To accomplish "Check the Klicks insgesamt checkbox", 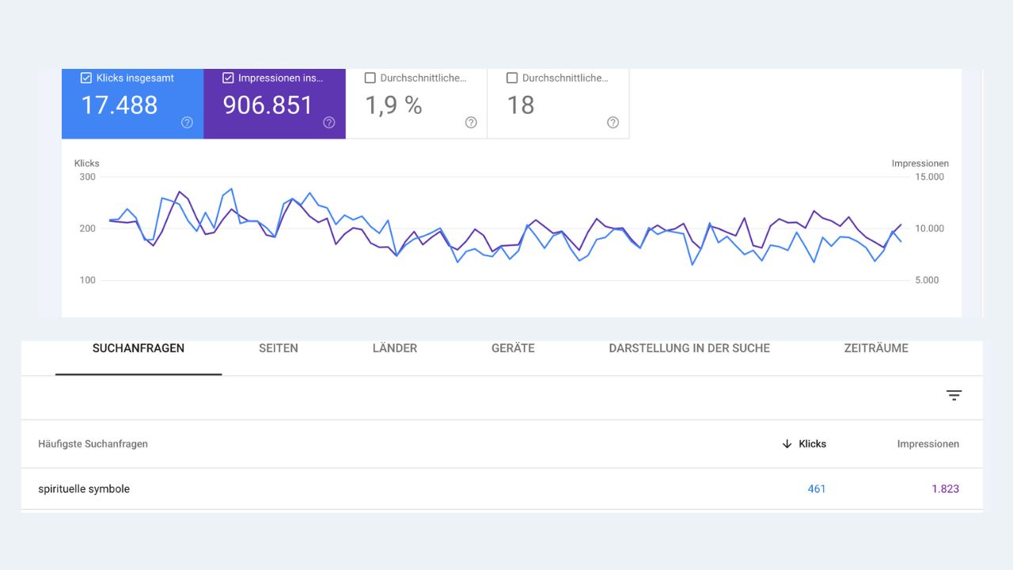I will click(86, 78).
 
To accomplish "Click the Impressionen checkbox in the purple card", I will click(228, 78).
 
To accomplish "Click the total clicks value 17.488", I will click(120, 105).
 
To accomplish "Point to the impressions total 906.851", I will click(268, 105).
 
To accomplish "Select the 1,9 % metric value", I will click(393, 105).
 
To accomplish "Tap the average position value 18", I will click(521, 105).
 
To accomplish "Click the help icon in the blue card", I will click(187, 122).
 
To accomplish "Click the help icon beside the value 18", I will click(613, 122).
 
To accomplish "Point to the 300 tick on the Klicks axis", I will click(87, 177).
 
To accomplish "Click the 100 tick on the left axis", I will click(87, 280).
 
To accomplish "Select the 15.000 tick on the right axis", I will click(929, 177).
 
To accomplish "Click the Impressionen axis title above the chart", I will click(920, 163).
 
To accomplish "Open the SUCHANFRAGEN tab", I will click(138, 348).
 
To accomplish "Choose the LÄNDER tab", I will click(394, 348).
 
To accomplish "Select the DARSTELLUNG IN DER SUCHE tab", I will click(689, 348).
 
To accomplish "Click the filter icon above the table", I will click(954, 395).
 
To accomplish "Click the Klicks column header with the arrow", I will click(804, 444).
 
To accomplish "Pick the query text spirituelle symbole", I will click(84, 489).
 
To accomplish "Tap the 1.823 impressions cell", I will click(945, 489).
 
